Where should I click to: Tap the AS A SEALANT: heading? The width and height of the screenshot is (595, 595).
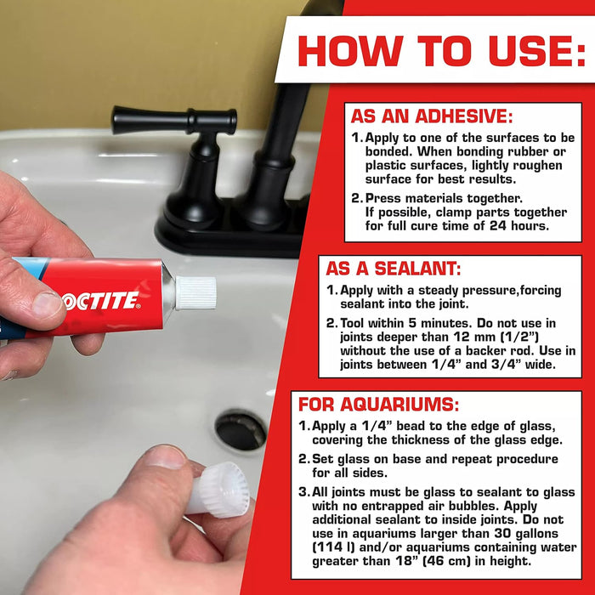[x=394, y=269]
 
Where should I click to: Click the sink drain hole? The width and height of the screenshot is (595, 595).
[x=241, y=430]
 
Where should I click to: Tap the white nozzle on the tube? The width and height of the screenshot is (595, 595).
[x=195, y=292]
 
